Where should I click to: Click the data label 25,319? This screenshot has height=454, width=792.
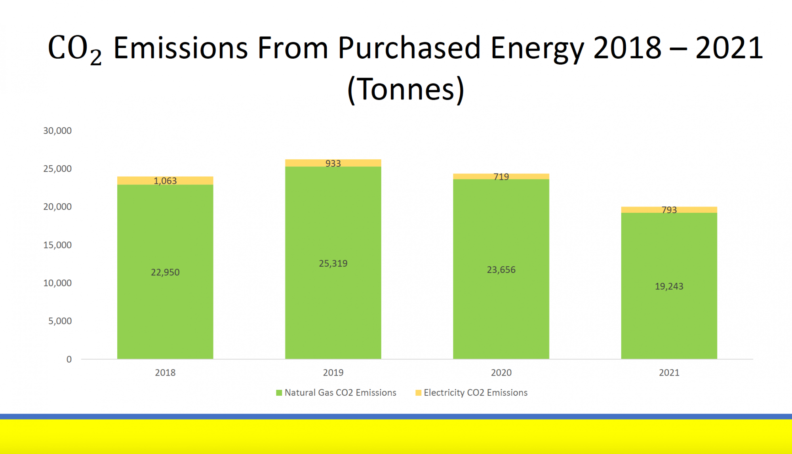333,263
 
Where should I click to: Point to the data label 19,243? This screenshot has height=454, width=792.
669,286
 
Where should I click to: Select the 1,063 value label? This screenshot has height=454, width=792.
165,181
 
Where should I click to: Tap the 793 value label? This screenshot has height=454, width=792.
669,210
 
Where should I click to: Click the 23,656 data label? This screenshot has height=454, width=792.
501,270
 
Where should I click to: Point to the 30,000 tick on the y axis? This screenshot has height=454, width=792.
57,131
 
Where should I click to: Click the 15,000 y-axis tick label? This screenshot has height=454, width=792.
57,245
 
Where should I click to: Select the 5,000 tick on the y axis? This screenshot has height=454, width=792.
60,321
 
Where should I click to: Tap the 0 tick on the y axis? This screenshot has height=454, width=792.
69,359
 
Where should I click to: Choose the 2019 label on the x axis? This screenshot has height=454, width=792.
333,372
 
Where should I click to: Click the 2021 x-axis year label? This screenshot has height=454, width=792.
669,372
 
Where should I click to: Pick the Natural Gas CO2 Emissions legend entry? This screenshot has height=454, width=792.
336,393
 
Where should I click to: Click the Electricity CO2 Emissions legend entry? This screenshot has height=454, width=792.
472,393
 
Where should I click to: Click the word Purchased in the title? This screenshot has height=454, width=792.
409,48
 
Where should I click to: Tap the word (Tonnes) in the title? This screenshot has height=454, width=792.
406,90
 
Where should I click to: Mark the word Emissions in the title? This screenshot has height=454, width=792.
181,48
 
